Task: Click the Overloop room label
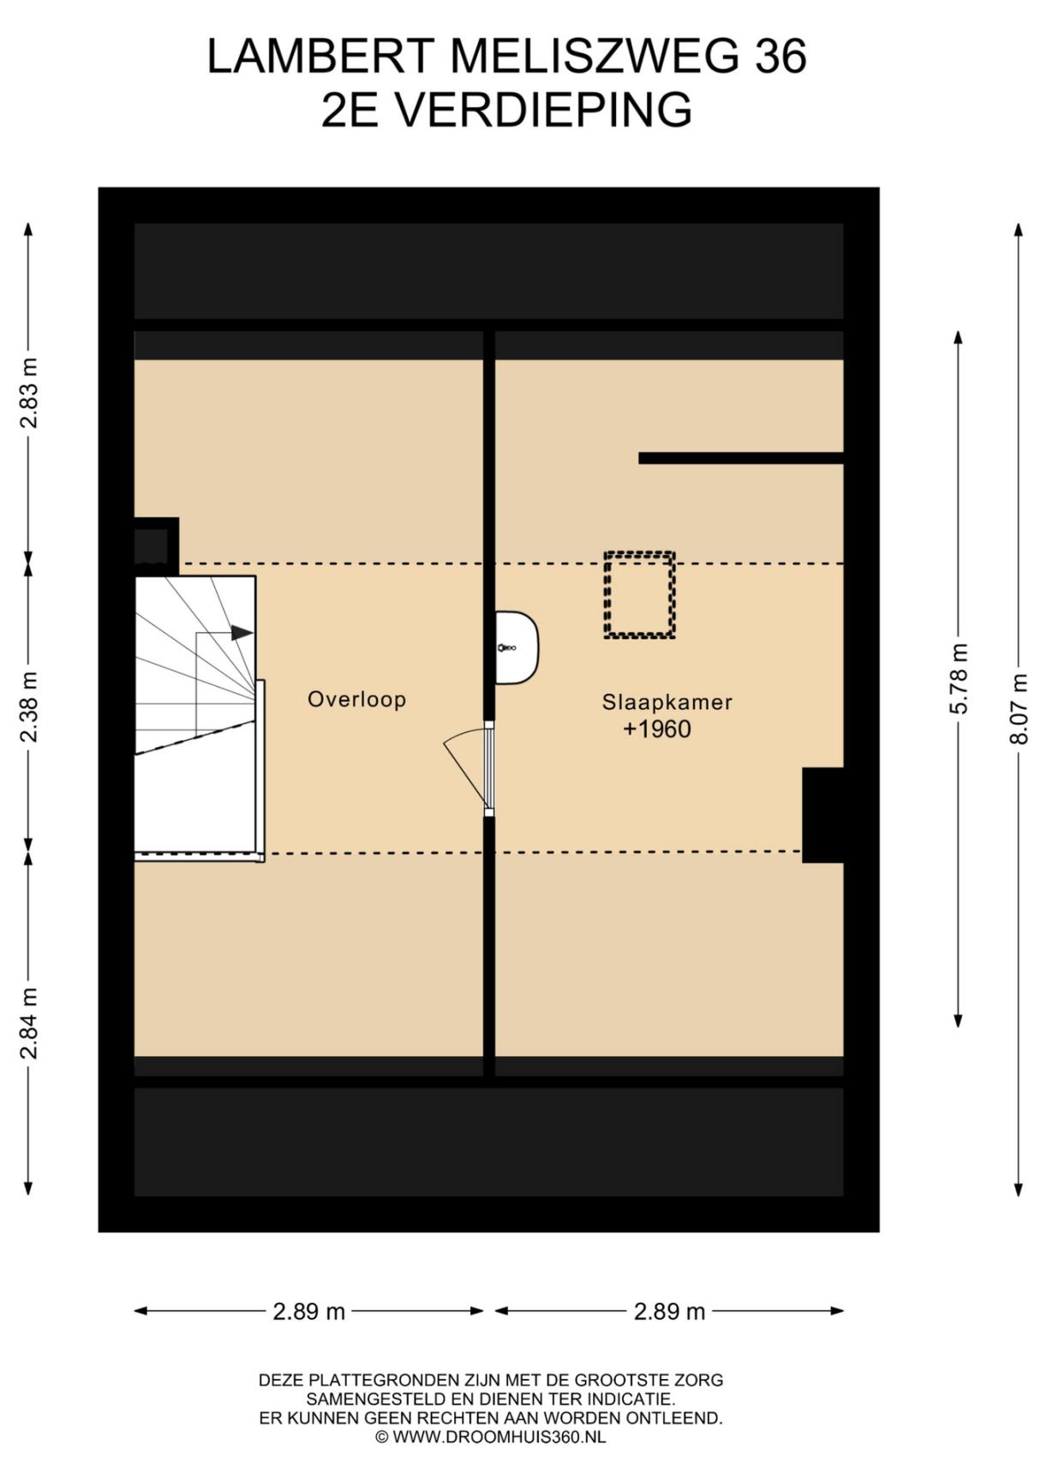tap(356, 700)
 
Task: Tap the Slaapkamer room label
tap(667, 702)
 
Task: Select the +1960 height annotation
tap(657, 730)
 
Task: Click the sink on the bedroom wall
tap(518, 647)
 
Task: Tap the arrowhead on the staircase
tap(242, 633)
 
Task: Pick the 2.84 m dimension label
tap(30, 1023)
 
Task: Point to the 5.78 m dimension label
tap(960, 678)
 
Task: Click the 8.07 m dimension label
tap(1020, 708)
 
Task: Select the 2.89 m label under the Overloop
tap(309, 1311)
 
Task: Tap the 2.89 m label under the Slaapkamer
tap(670, 1311)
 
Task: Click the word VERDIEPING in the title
tap(545, 110)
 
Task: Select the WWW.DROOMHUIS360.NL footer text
tap(499, 1437)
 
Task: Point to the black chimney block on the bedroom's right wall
tap(823, 815)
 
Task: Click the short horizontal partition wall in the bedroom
tap(741, 458)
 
